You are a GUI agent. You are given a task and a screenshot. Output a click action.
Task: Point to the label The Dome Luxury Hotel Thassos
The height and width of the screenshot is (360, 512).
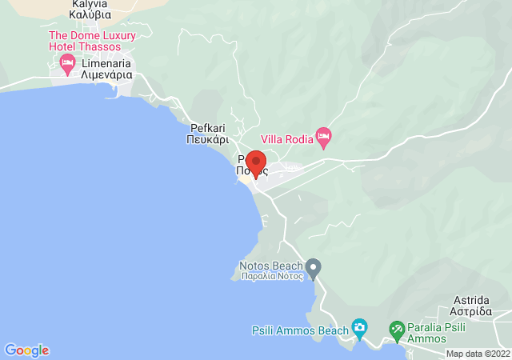[92, 41]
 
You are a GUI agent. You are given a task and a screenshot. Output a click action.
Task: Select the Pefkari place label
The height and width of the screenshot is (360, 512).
[210, 127]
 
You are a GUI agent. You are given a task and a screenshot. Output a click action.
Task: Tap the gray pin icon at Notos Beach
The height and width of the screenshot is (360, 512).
[314, 266]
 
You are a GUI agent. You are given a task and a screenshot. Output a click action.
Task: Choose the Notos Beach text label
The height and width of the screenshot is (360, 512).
[271, 266]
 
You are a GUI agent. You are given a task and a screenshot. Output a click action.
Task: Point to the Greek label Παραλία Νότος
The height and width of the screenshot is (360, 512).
[272, 277]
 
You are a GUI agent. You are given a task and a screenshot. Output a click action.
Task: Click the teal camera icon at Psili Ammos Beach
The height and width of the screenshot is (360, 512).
[359, 327]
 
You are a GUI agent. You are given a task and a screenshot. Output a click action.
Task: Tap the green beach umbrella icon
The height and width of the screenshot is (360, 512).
[396, 328]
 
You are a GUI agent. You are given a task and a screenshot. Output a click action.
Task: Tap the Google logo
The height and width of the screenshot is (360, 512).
[26, 350]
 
